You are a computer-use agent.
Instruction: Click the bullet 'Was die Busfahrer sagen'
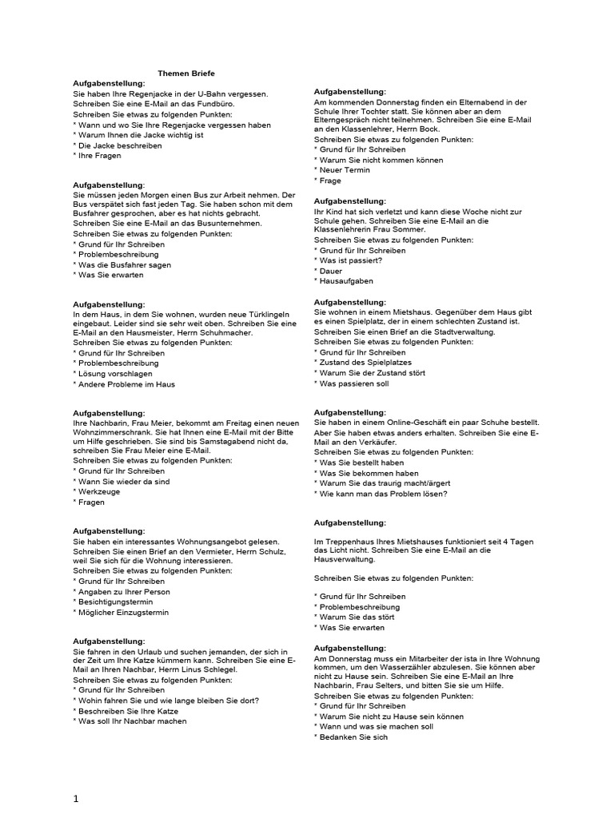coord(124,264)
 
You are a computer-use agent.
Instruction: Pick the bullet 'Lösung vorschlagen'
coord(115,373)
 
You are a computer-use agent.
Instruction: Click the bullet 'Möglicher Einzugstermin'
coord(123,613)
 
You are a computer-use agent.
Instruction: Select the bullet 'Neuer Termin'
coord(342,170)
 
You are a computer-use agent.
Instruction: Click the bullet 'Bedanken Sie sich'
coord(353,737)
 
